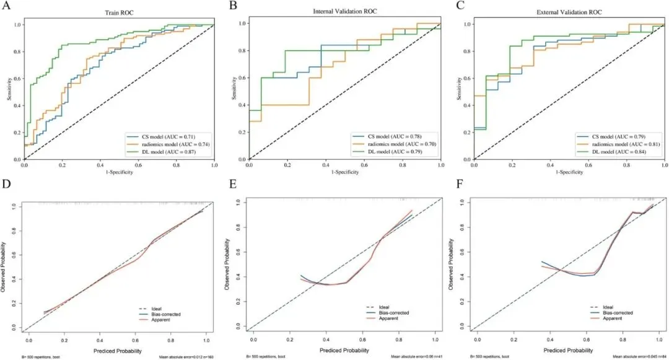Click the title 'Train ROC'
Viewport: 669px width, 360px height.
pyautogui.click(x=119, y=12)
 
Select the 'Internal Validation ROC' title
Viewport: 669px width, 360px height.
pyautogui.click(x=345, y=11)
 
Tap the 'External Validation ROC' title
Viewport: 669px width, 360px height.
pyautogui.click(x=569, y=12)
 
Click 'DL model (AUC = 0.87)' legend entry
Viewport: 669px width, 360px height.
pyautogui.click(x=166, y=151)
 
